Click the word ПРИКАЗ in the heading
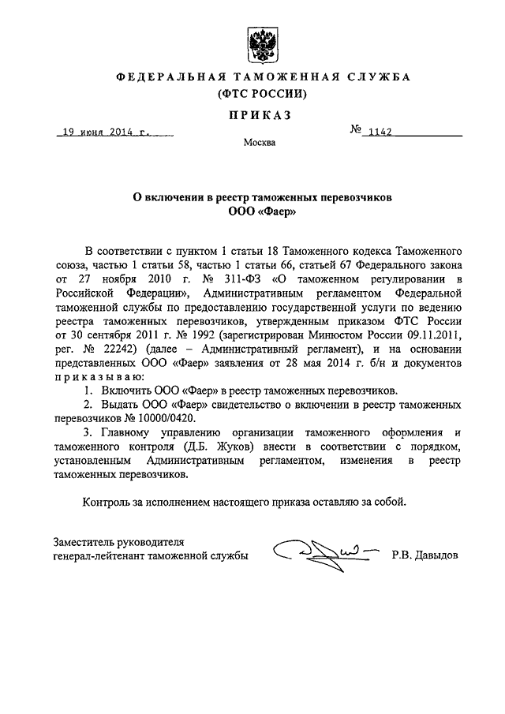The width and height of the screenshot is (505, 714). point(260,115)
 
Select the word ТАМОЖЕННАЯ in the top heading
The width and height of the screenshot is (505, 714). point(278,77)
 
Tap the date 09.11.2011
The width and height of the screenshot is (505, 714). point(432,337)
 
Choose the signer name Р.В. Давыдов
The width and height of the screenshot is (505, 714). point(425,555)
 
